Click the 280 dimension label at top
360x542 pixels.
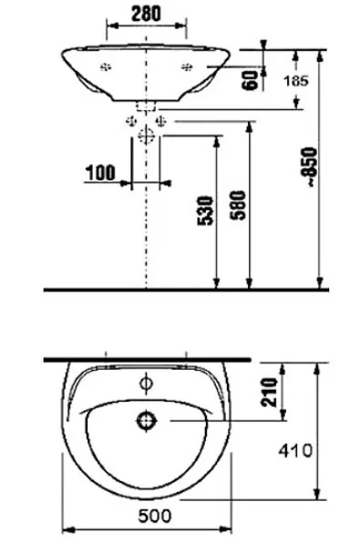tap(146, 15)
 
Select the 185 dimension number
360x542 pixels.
tap(295, 81)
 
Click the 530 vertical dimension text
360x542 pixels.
tap(206, 210)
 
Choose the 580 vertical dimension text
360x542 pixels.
tap(239, 205)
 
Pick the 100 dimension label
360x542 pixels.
tap(100, 172)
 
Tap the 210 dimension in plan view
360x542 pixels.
tap(270, 392)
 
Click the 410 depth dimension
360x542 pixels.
tap(295, 450)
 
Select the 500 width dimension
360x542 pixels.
tap(155, 516)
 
